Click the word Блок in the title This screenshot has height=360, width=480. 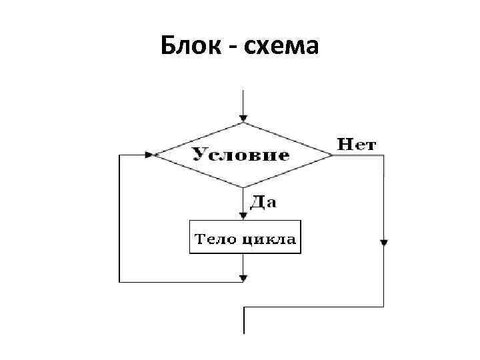click(189, 47)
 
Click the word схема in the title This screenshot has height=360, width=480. click(280, 47)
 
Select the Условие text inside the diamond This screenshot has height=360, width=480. click(241, 155)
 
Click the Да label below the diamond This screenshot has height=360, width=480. click(263, 203)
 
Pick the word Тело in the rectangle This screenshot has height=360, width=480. click(211, 239)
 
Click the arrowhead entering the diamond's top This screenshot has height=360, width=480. click(244, 118)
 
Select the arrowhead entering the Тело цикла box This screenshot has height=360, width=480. click(244, 215)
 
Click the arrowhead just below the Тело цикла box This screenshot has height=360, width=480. click(244, 276)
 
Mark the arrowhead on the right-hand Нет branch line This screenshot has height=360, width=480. click(384, 243)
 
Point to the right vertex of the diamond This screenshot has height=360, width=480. click(333, 155)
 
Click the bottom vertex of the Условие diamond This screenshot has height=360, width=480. click(244, 187)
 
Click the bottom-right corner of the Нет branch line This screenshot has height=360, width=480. click(384, 307)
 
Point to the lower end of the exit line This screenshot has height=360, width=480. click(244, 332)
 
